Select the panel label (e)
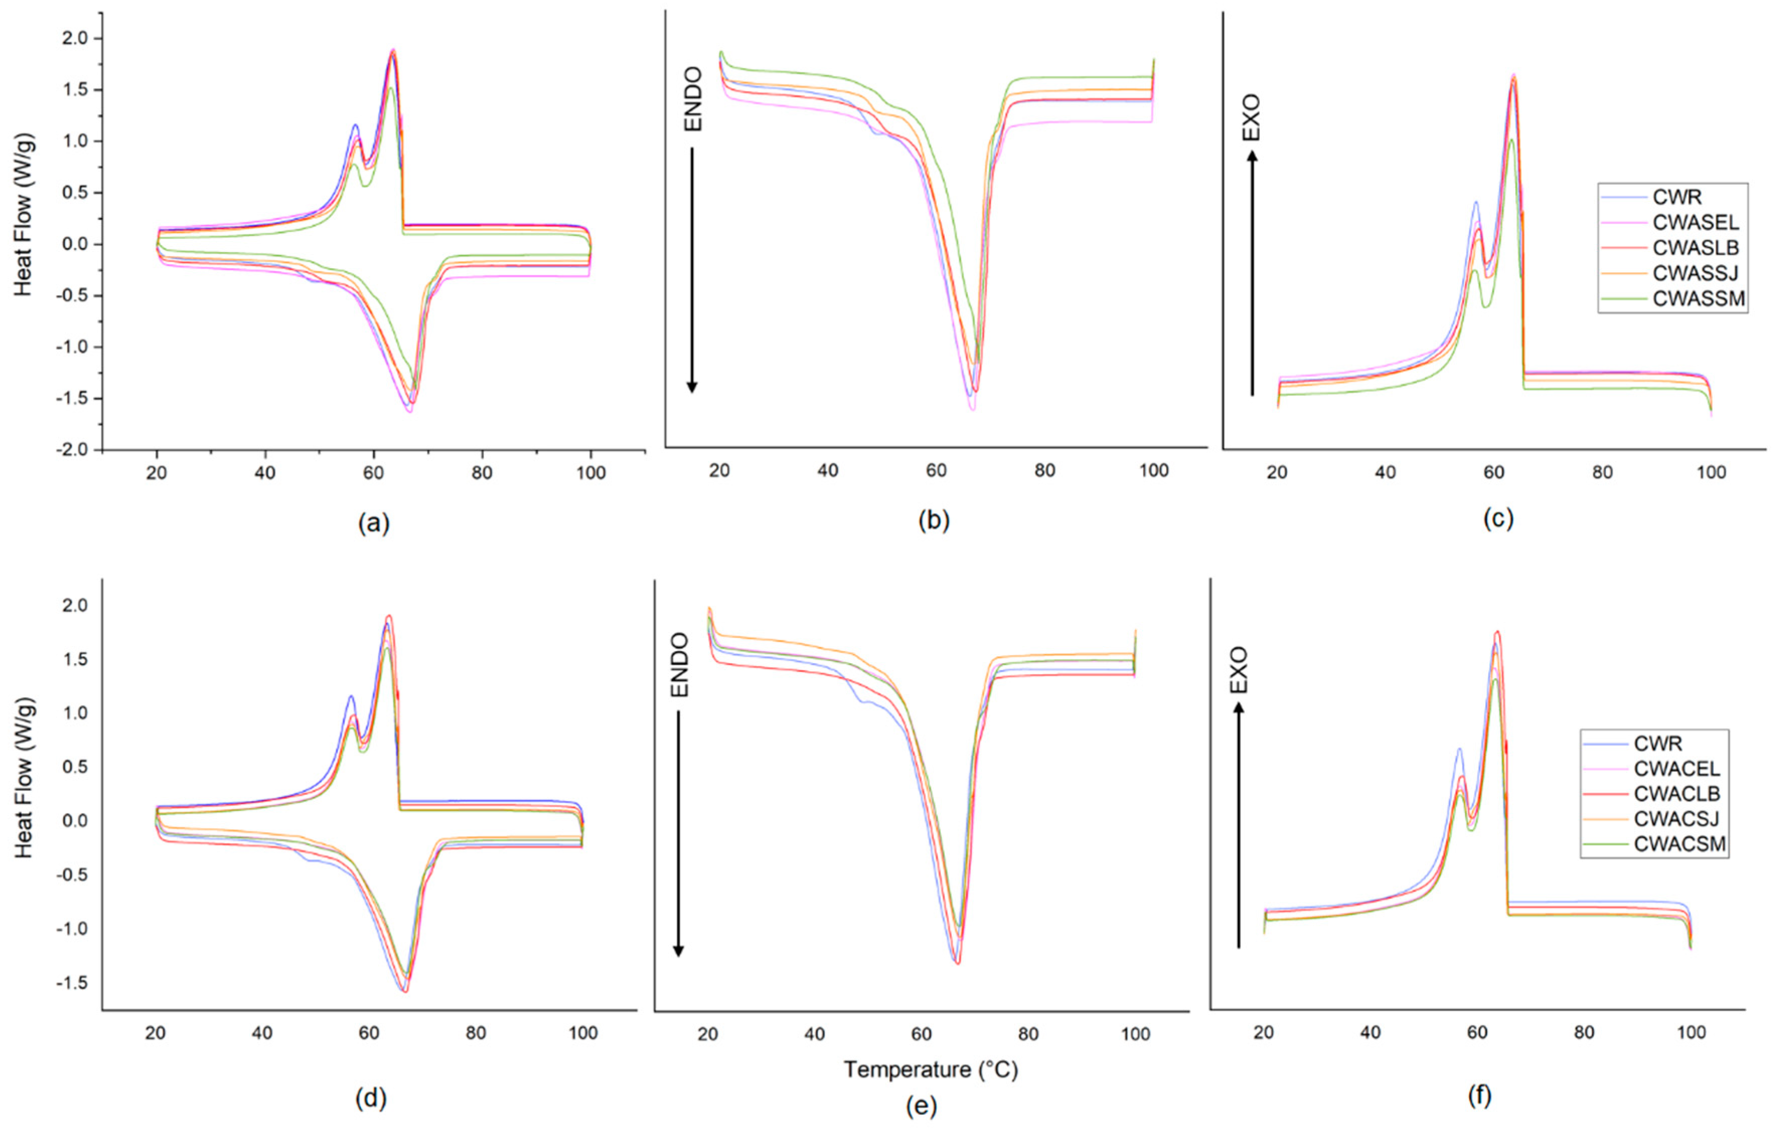coord(921,1105)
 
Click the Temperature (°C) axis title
coord(931,1069)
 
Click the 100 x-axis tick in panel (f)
coord(1690,1032)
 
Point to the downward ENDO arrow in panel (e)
coord(679,834)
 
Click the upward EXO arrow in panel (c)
coord(1252,273)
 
